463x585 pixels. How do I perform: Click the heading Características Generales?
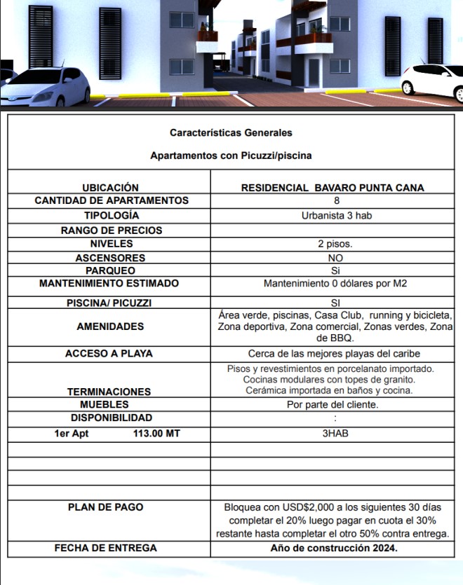(231, 132)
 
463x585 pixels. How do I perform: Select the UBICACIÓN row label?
(110, 188)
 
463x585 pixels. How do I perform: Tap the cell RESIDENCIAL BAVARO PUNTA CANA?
(333, 188)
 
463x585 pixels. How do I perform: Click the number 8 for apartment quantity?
(337, 200)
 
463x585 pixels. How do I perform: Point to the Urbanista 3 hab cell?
(337, 215)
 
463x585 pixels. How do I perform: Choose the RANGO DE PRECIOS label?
(112, 230)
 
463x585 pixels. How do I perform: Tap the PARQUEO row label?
(110, 270)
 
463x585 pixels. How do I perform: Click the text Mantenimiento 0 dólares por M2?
(335, 284)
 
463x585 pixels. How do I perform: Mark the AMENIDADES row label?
(110, 326)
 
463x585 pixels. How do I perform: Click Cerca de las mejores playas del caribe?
(334, 354)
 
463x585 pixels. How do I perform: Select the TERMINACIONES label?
(109, 392)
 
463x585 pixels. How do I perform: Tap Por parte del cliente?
(333, 404)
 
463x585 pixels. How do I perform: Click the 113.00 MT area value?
(156, 434)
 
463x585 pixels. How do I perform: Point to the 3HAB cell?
(335, 434)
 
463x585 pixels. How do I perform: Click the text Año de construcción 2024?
(334, 548)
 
